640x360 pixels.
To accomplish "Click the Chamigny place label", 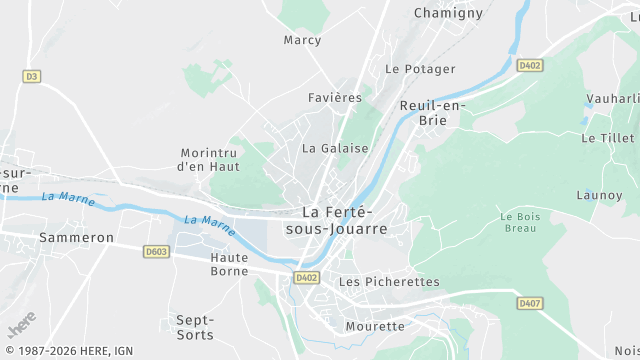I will [x=448, y=13].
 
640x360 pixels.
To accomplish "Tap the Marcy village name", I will [x=302, y=40].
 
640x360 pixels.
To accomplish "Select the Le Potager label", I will [x=420, y=69].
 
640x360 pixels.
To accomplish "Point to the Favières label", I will [x=335, y=98].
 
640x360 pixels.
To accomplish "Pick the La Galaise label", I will [x=335, y=148].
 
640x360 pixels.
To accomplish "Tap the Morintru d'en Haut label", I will [x=208, y=160].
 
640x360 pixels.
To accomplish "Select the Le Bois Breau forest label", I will [x=519, y=222].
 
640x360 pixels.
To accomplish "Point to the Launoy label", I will [x=599, y=195].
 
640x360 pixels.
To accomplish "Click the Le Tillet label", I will [x=607, y=138].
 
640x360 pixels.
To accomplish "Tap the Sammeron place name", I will [x=76, y=238].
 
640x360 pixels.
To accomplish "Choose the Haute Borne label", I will [x=229, y=264].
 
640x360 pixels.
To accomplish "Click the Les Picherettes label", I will [x=389, y=282].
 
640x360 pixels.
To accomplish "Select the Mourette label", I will [x=375, y=326].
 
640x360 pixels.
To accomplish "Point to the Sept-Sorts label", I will [x=195, y=326].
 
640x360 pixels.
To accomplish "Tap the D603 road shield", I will [x=156, y=251].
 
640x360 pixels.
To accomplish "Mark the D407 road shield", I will [x=529, y=302].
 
